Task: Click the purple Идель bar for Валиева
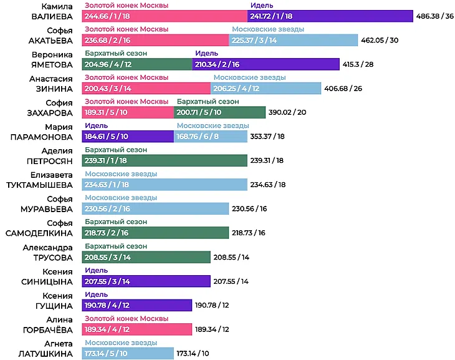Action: [x=330, y=16]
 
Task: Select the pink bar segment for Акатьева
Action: [x=155, y=40]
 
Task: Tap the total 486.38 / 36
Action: [x=434, y=16]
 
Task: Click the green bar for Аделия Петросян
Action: [x=165, y=160]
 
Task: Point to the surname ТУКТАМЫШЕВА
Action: [x=39, y=185]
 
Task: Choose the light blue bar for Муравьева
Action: [x=155, y=208]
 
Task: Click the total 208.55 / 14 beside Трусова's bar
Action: [x=231, y=257]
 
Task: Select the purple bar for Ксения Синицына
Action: [x=146, y=281]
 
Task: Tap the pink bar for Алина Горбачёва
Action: [x=137, y=329]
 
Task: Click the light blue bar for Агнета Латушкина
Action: [x=128, y=353]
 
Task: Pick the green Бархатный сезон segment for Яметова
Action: [x=137, y=64]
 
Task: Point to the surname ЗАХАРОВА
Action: [x=50, y=113]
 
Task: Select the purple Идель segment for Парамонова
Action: [x=128, y=136]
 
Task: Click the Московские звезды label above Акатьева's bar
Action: [x=268, y=29]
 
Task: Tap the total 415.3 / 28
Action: [x=358, y=64]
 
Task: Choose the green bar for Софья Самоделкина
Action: [x=155, y=233]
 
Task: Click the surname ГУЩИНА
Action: [x=54, y=306]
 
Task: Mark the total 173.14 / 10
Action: [x=193, y=353]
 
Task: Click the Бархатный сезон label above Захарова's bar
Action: [x=208, y=102]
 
